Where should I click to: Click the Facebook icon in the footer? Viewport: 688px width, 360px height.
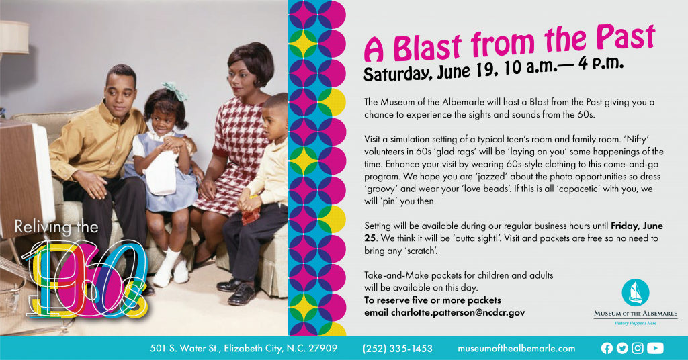607,348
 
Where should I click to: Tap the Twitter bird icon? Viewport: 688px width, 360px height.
622,348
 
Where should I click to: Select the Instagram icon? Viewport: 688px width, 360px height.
638,348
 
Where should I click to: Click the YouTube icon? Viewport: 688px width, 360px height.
655,348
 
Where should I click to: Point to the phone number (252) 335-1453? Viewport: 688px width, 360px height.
398,349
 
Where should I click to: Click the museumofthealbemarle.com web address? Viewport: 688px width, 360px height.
517,349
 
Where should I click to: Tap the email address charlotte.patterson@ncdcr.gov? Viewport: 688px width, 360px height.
458,312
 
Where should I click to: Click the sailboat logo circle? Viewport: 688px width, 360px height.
636,292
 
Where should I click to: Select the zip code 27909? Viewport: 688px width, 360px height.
323,348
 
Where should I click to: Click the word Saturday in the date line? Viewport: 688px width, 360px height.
398,74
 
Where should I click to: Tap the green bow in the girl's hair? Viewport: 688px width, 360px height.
176,91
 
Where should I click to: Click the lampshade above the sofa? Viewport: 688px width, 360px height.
13,38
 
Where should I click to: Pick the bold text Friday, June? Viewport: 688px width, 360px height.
637,226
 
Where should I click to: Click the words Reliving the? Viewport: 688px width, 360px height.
56,227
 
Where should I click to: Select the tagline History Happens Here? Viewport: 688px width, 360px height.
636,323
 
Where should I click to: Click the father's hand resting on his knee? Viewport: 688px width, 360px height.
91,183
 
